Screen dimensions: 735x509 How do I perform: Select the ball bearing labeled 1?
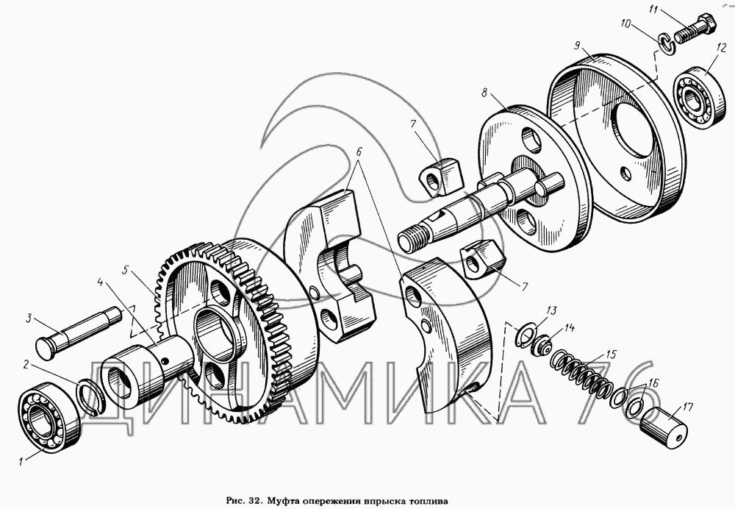(x=49, y=417)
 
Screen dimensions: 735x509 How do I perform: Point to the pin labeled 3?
(x=77, y=326)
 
